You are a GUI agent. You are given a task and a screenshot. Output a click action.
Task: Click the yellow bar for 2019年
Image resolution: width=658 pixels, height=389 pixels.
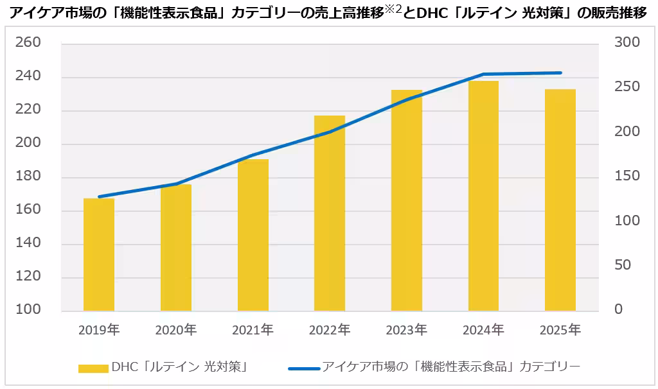pyautogui.click(x=99, y=255)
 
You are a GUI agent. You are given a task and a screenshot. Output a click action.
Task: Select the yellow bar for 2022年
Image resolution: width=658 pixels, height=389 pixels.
pyautogui.click(x=330, y=213)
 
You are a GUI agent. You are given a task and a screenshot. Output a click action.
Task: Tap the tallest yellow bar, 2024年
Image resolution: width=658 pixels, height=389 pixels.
pyautogui.click(x=483, y=196)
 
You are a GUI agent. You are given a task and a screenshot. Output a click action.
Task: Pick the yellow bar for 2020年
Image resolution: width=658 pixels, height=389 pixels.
pyautogui.click(x=176, y=248)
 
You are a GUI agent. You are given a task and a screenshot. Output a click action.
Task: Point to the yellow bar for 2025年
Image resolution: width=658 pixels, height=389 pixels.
pyautogui.click(x=560, y=200)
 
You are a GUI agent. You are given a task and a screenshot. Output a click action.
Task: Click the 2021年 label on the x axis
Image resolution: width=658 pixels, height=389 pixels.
pyautogui.click(x=253, y=330)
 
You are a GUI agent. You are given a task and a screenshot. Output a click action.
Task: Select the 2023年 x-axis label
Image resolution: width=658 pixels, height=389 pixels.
pyautogui.click(x=406, y=330)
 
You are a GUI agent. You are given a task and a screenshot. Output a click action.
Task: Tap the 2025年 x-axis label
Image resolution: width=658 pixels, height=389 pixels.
pyautogui.click(x=560, y=330)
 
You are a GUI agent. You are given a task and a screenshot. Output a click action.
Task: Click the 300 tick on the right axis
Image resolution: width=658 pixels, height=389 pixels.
pyautogui.click(x=627, y=43)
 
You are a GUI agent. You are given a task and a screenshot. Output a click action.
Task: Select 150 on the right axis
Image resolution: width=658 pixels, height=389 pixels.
pyautogui.click(x=627, y=176)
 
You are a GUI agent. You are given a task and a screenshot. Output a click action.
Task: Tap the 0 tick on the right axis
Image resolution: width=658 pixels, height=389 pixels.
pyautogui.click(x=619, y=309)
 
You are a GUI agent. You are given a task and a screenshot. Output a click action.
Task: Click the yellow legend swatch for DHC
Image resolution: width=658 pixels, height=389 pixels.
pyautogui.click(x=93, y=368)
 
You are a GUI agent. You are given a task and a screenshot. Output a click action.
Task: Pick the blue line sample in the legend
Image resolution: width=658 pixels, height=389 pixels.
pyautogui.click(x=304, y=368)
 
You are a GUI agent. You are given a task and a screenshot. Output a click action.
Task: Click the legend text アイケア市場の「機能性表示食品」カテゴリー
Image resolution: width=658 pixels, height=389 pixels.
pyautogui.click(x=450, y=367)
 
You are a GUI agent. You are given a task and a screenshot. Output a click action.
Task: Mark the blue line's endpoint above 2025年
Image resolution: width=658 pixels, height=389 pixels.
pyautogui.click(x=560, y=73)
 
